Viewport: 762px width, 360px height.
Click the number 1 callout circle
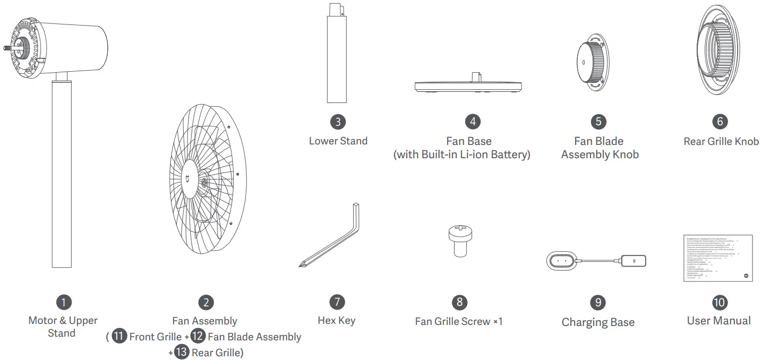click(x=64, y=303)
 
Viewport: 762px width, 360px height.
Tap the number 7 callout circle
click(x=337, y=302)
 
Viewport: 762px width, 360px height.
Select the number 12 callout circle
click(x=198, y=337)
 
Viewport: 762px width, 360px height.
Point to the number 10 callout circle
click(x=719, y=302)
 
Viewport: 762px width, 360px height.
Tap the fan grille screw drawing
click(x=459, y=239)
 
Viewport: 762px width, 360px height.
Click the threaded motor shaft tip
click(x=8, y=48)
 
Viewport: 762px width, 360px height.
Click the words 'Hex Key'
click(x=337, y=320)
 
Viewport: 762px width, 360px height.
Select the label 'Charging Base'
click(x=598, y=322)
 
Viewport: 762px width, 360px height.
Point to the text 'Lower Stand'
click(x=338, y=141)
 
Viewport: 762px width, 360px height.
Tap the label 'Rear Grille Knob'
click(x=721, y=141)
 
